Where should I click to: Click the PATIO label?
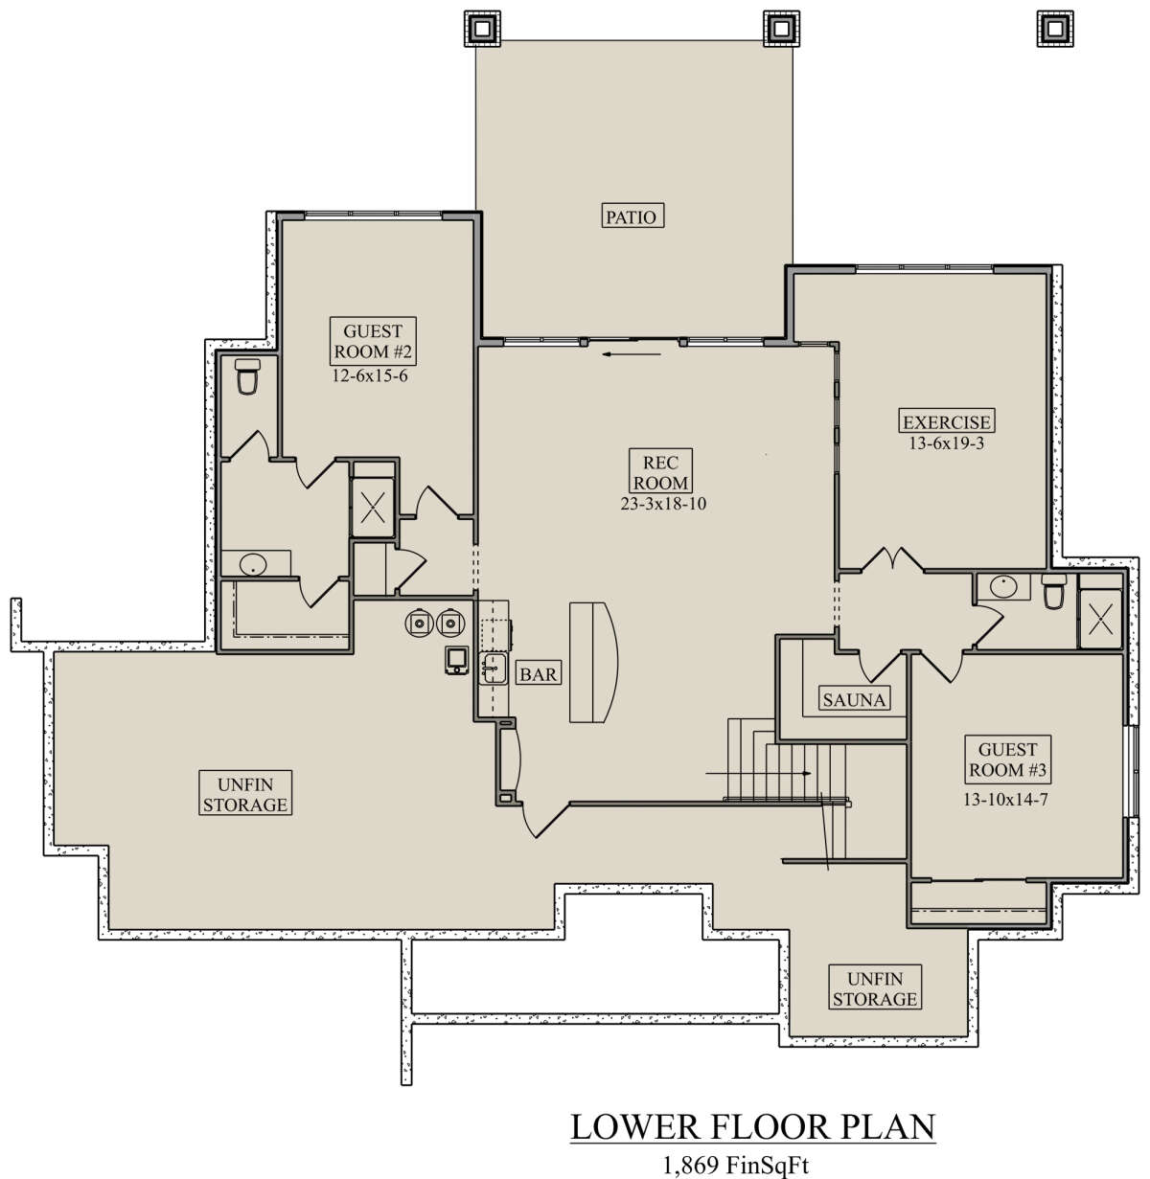(x=632, y=216)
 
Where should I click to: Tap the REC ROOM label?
(x=660, y=472)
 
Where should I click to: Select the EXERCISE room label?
(x=946, y=421)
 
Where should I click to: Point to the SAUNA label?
(x=854, y=699)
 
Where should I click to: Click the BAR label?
(x=539, y=673)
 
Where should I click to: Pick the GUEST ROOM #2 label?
(x=373, y=341)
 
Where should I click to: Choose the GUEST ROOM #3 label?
(x=1007, y=760)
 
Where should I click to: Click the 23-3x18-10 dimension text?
(x=662, y=504)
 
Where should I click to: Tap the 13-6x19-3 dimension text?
(x=946, y=443)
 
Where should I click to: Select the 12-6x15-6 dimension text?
(x=370, y=376)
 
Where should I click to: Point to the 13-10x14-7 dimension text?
(x=1005, y=800)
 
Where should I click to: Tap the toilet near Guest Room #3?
(x=1053, y=592)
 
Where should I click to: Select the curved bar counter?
(x=593, y=662)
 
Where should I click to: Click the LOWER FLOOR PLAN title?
(x=753, y=1127)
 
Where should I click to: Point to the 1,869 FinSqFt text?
(x=736, y=1165)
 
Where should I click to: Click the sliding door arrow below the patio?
(x=632, y=354)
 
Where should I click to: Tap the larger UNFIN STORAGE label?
(x=245, y=794)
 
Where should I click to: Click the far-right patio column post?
(x=1055, y=28)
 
